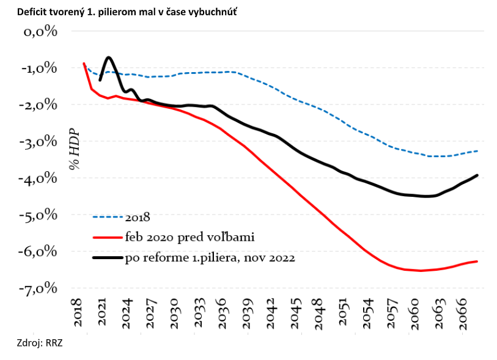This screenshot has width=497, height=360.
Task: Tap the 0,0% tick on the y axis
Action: pyautogui.click(x=40, y=32)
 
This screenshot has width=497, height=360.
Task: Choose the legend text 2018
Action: pyautogui.click(x=138, y=216)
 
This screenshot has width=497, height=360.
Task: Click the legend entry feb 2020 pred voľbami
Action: pyautogui.click(x=189, y=237)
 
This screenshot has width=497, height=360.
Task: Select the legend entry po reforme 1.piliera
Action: pyautogui.click(x=210, y=258)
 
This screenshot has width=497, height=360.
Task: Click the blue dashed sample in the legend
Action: pyautogui.click(x=108, y=216)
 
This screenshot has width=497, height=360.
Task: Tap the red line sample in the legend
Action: pyautogui.click(x=108, y=237)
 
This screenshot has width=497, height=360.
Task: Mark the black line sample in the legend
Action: pyautogui.click(x=108, y=258)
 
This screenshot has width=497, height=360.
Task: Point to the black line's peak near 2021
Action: pyautogui.click(x=109, y=57)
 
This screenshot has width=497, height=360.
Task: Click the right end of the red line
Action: pyautogui.click(x=477, y=262)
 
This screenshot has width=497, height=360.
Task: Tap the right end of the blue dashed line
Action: pyautogui.click(x=477, y=151)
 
